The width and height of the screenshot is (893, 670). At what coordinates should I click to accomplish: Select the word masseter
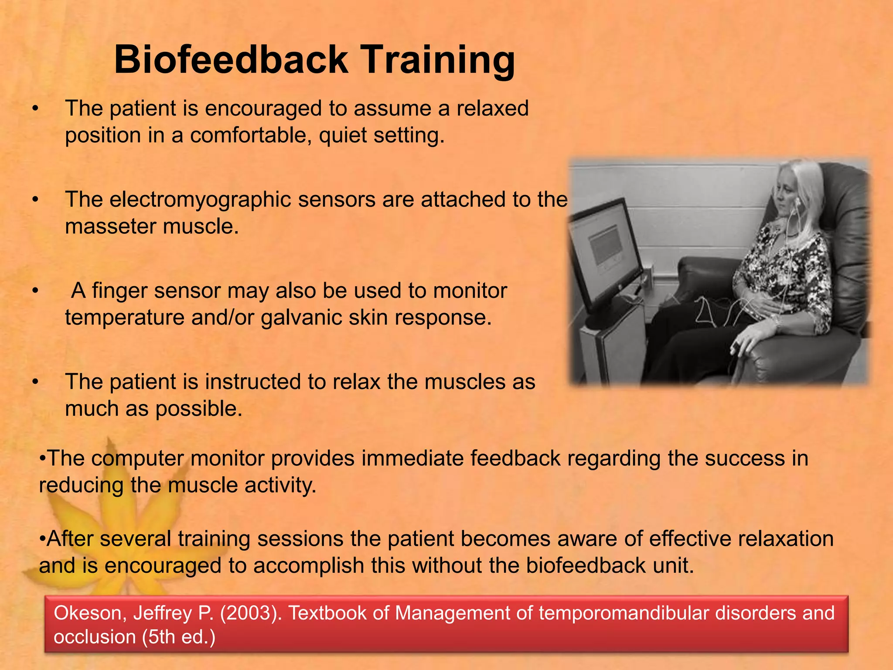pos(111,226)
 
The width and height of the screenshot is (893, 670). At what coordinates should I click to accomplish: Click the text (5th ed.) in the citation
pos(178,637)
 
